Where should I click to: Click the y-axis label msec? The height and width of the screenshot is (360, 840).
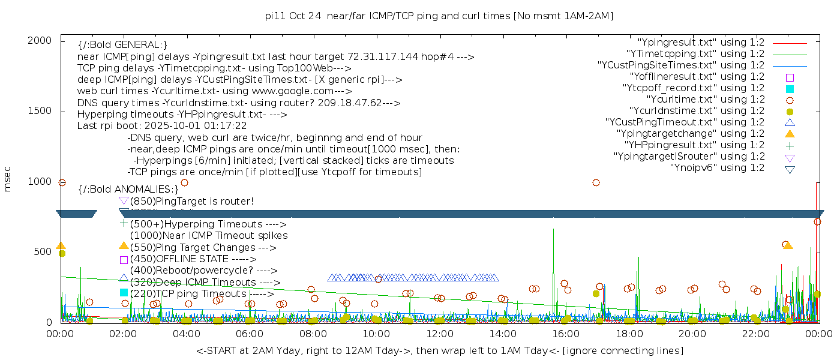[8, 179]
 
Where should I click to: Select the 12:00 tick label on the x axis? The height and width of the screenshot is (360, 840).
[440, 333]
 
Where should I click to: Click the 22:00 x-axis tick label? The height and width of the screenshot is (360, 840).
[754, 333]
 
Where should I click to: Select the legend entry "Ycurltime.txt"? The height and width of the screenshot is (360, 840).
[705, 99]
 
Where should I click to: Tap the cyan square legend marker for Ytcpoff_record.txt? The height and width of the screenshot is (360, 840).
[790, 88]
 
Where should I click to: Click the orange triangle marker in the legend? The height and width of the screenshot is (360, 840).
[790, 133]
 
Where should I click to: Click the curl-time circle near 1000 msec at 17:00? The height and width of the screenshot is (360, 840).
[596, 182]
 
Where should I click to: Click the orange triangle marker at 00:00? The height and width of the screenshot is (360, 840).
[61, 245]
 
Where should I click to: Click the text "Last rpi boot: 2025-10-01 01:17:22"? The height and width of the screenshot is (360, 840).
[162, 126]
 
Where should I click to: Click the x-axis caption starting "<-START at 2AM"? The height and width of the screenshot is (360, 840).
[439, 350]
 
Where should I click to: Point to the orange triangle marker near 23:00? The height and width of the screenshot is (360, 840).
[788, 245]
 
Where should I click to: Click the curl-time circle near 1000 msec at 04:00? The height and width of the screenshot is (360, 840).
[184, 182]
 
